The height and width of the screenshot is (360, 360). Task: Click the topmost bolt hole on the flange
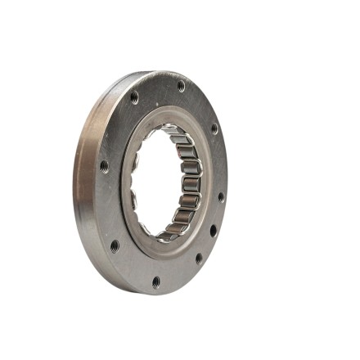coord(181,86)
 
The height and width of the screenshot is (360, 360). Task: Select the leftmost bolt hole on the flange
coord(104,166)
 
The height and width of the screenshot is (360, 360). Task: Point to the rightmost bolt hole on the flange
coord(221,197)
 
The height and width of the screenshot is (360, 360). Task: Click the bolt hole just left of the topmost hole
coord(134,98)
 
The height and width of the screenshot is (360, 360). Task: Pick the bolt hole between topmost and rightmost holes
coord(214,128)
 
